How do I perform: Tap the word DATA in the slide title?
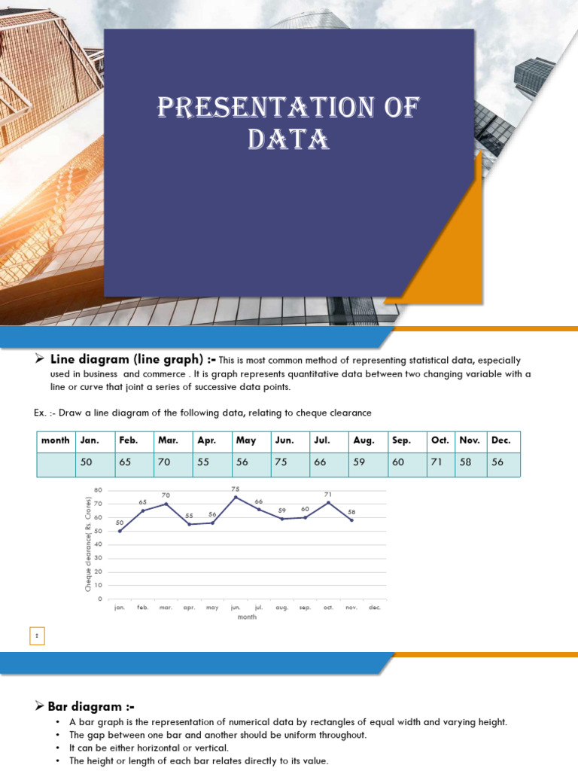(x=288, y=140)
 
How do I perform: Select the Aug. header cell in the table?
(x=367, y=441)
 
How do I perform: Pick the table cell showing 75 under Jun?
(x=290, y=463)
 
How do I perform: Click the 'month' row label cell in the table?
(x=56, y=441)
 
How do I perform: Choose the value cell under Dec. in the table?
(x=503, y=463)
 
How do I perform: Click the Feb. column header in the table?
(x=132, y=441)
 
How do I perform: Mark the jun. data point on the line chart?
(x=236, y=497)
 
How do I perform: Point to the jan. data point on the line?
(x=120, y=531)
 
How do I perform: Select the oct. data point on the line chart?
(x=328, y=502)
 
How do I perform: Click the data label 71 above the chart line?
(x=328, y=495)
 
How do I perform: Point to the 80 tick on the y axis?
(x=98, y=490)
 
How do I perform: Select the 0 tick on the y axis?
(x=100, y=599)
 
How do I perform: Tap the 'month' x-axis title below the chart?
(x=247, y=617)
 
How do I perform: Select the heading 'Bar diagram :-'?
(x=91, y=706)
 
